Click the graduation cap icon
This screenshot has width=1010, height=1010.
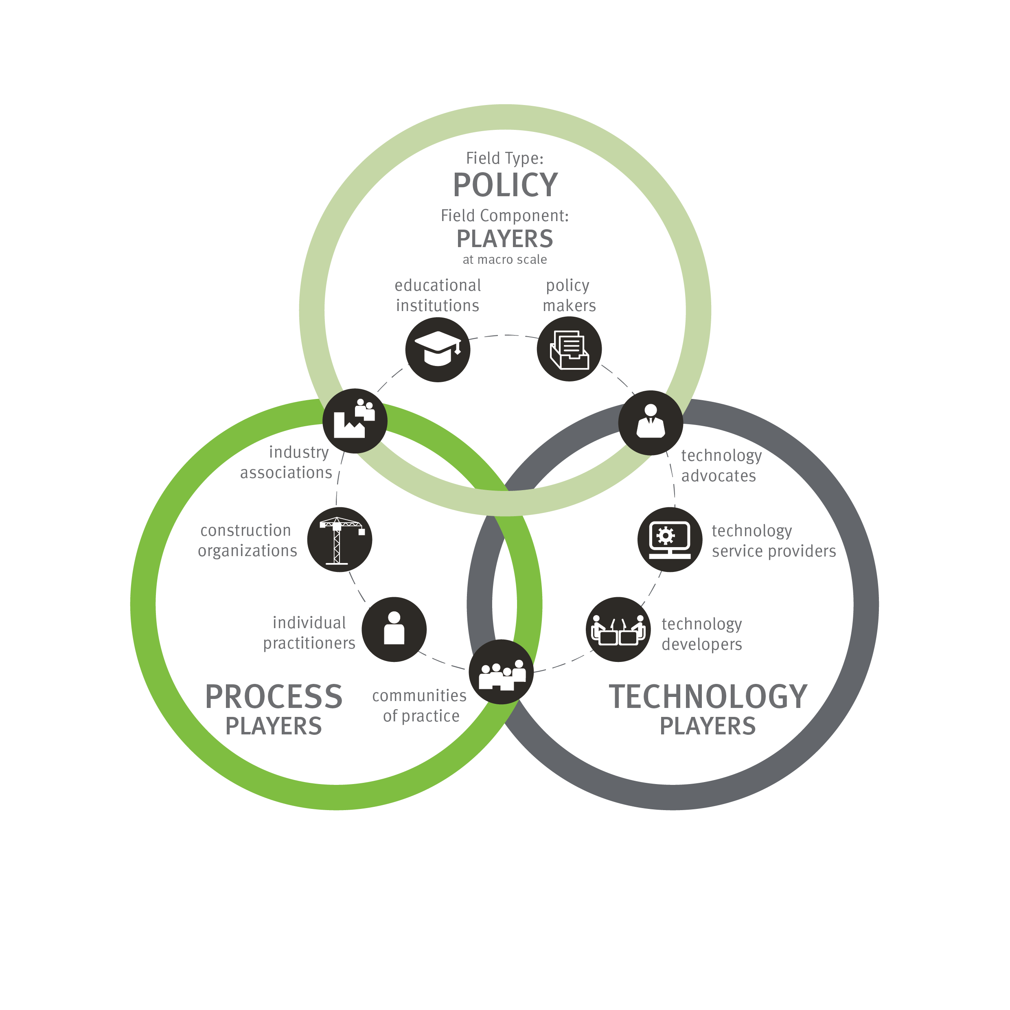[438, 349]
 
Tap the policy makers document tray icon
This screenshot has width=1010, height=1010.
[569, 349]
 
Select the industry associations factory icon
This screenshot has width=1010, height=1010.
[355, 421]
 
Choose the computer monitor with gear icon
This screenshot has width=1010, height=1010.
[670, 539]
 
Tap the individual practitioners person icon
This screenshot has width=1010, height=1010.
[394, 629]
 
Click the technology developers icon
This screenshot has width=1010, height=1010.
[618, 629]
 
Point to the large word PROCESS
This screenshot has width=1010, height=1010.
[274, 697]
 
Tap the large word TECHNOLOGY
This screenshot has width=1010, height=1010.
[708, 697]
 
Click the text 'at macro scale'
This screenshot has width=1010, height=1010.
[505, 259]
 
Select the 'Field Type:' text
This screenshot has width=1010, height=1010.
[505, 158]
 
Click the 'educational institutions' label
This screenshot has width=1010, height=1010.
[438, 296]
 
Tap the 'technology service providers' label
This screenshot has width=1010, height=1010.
[774, 541]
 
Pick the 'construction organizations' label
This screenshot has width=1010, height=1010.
[247, 541]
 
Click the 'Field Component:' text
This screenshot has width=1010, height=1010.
[505, 215]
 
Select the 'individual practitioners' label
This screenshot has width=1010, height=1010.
[309, 633]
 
